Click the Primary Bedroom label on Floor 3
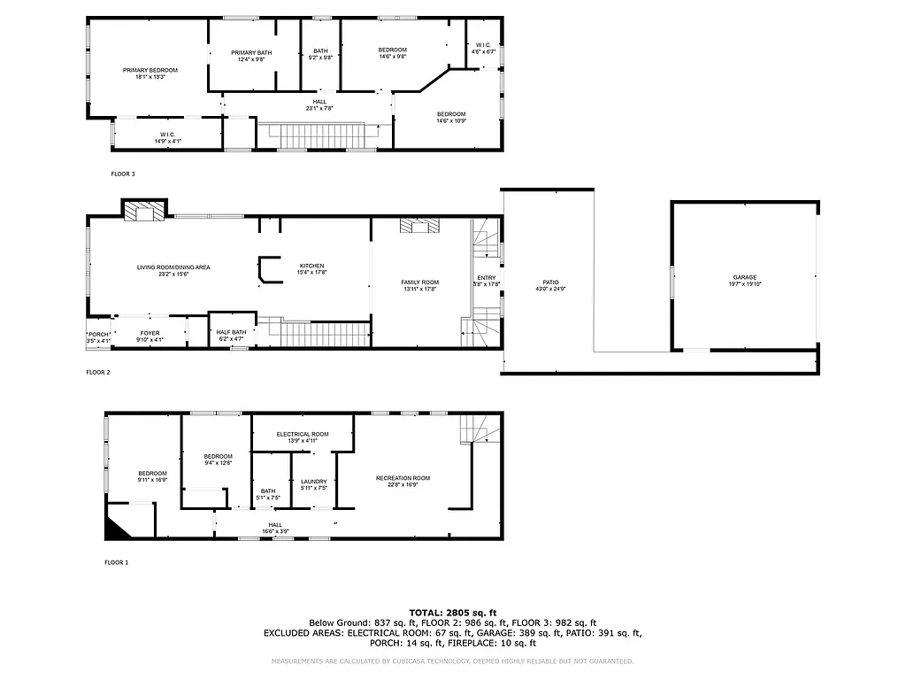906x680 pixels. coord(150,70)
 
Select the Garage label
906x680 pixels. coord(744,277)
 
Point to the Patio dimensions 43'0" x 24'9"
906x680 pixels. coord(549,289)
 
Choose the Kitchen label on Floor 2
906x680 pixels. coord(311,266)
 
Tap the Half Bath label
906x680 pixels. coord(231,332)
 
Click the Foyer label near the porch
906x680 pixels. coord(150,333)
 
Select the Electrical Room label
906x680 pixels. coord(303,434)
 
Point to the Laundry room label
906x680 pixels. coord(314,482)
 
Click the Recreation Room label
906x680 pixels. coord(403,478)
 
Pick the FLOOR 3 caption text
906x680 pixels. coord(123,174)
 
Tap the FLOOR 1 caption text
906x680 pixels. coord(116,562)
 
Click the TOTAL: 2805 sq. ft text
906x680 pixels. coord(453,612)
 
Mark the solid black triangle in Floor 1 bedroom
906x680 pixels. coord(115,529)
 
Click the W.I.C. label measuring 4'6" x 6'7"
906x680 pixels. coord(484,45)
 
